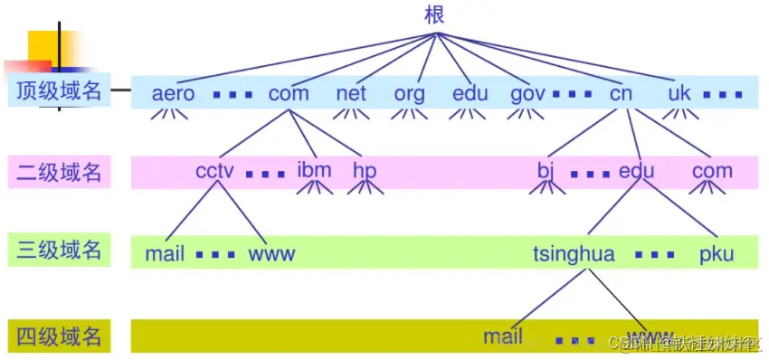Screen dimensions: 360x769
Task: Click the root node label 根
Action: tap(435, 14)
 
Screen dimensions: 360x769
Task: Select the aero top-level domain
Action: tap(173, 93)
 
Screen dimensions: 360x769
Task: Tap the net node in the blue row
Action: tap(350, 93)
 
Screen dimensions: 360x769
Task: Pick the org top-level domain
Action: tap(409, 93)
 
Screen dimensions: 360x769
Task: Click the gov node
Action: tap(527, 93)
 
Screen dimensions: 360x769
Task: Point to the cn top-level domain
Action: tap(621, 93)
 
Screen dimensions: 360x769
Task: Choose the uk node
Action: tap(679, 93)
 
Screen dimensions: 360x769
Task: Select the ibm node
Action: tap(314, 171)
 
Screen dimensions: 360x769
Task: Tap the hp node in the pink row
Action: tap(365, 171)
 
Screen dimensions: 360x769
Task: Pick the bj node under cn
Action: tap(545, 171)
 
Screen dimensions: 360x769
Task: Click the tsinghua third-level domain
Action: tap(574, 254)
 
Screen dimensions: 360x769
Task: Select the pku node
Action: tap(716, 254)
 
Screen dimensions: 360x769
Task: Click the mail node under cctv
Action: tap(165, 254)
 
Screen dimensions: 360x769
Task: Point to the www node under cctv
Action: tap(271, 254)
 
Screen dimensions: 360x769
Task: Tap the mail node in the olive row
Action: tap(503, 336)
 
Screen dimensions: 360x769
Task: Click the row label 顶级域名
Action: tap(59, 91)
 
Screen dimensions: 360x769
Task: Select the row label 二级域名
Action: tap(59, 172)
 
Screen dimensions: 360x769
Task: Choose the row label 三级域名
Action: tap(59, 251)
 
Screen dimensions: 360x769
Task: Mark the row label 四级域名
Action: tap(59, 336)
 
